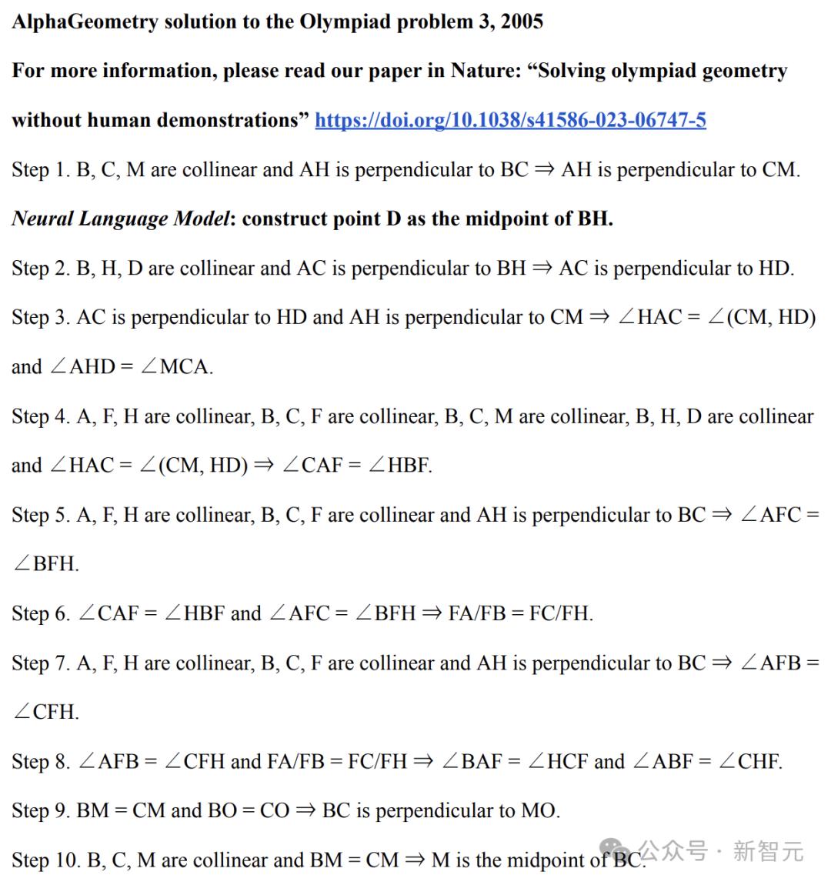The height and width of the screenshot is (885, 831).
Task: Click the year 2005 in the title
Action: [x=522, y=22]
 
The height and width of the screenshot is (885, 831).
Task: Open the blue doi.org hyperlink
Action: [x=510, y=120]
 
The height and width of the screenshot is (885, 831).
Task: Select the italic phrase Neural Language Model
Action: [x=121, y=219]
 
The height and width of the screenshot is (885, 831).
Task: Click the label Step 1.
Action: [x=41, y=169]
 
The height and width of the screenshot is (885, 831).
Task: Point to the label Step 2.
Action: [x=41, y=268]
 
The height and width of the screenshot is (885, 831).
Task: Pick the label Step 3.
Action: [x=41, y=317]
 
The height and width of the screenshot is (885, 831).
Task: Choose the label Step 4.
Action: [x=41, y=416]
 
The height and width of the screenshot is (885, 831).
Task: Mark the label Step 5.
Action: [x=41, y=515]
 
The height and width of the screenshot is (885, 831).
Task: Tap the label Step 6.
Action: [x=41, y=613]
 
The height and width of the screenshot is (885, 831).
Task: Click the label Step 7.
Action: [x=41, y=663]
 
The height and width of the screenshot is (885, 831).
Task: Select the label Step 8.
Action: [x=41, y=761]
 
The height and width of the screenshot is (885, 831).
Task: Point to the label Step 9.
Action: [x=41, y=810]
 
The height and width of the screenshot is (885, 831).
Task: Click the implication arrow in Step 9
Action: [x=305, y=810]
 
